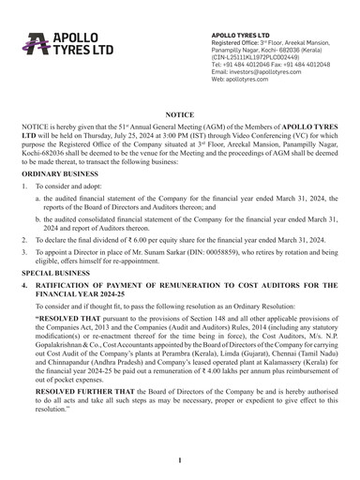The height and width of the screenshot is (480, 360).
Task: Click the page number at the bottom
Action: tap(179, 460)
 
